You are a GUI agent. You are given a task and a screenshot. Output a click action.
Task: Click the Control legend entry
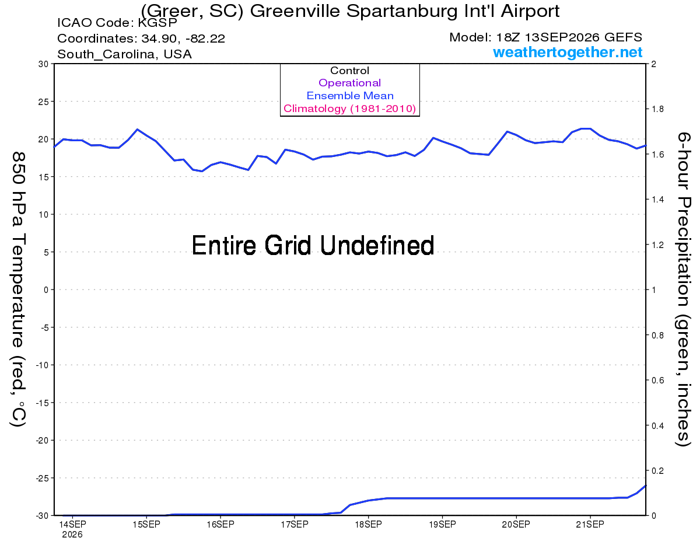(349, 70)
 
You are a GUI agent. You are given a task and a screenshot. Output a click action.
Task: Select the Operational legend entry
(349, 83)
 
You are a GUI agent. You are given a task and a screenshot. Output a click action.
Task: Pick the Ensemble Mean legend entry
(350, 95)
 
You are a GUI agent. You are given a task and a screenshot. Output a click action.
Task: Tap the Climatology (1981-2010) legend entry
(349, 109)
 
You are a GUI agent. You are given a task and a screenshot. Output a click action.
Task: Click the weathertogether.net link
(567, 52)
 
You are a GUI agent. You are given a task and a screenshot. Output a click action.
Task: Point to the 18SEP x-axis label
(368, 524)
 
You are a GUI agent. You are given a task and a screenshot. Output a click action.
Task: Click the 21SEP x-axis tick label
(590, 524)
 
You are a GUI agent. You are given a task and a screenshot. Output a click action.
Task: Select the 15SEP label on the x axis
(146, 524)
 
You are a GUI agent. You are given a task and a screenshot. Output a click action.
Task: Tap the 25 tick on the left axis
(43, 102)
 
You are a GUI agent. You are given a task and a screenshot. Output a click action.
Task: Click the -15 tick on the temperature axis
(42, 403)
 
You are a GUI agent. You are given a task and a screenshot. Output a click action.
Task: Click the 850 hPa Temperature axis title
(18, 289)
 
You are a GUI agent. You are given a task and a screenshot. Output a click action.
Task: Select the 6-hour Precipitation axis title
(682, 289)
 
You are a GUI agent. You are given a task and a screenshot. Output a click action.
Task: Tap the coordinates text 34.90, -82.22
(183, 39)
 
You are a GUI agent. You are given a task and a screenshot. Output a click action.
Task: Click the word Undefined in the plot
(377, 245)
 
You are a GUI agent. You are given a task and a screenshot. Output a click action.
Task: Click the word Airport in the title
(530, 12)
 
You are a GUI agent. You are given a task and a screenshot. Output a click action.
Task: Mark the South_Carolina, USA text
(124, 54)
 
